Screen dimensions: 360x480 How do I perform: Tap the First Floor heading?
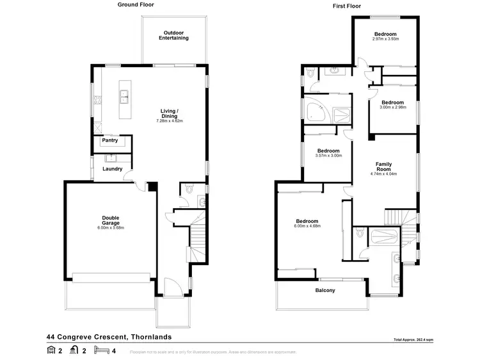tap(346, 5)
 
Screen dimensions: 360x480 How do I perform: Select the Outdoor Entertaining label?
tap(174, 35)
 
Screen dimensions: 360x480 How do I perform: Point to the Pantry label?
tap(110, 140)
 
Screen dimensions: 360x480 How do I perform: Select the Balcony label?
tap(325, 290)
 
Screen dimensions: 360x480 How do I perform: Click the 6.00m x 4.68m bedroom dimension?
tap(307, 226)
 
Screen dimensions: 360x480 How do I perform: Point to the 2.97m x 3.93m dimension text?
tap(385, 39)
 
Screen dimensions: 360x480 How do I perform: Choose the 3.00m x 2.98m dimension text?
tap(392, 108)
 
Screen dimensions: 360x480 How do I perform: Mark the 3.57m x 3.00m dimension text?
tap(329, 156)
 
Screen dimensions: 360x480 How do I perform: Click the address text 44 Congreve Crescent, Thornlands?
tap(109, 336)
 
